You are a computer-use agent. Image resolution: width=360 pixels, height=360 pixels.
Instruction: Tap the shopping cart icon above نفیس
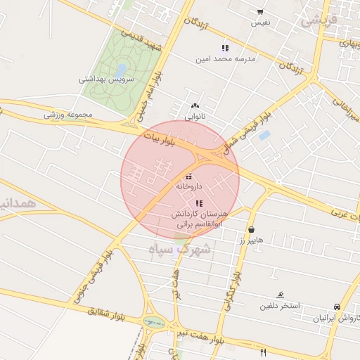pyautogui.click(x=260, y=12)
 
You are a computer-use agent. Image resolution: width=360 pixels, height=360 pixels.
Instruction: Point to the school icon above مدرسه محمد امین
pyautogui.click(x=225, y=48)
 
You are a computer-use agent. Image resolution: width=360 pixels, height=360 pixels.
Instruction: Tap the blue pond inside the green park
pyautogui.click(x=121, y=70)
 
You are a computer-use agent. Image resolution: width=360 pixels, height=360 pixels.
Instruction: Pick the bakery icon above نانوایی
pyautogui.click(x=195, y=106)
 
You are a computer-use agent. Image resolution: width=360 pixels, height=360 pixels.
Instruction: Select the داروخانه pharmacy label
pyautogui.click(x=189, y=187)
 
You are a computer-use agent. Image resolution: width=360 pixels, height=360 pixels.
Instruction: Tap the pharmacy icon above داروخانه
pyautogui.click(x=188, y=176)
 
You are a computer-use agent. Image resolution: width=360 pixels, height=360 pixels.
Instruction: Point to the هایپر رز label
pyautogui.click(x=251, y=240)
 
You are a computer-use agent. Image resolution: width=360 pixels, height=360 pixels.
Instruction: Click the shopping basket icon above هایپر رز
pyautogui.click(x=251, y=229)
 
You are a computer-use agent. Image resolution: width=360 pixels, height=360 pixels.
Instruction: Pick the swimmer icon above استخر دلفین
pyautogui.click(x=281, y=295)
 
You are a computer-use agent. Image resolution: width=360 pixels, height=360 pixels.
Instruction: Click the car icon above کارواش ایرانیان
pyautogui.click(x=337, y=307)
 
